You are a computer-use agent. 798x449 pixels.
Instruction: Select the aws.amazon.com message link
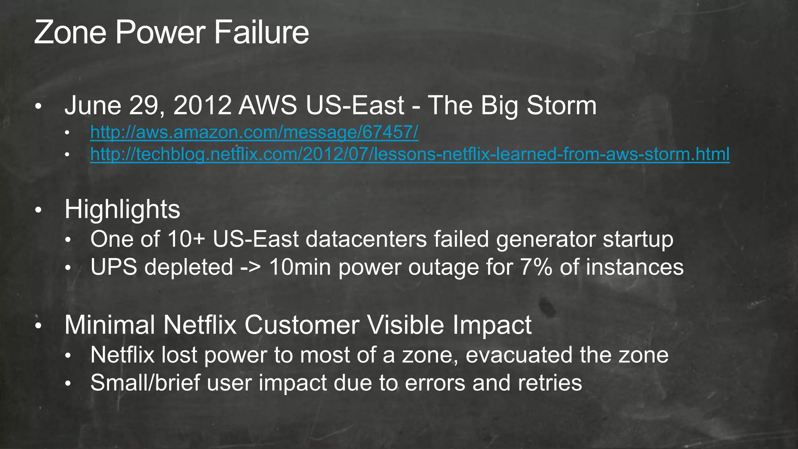[254, 132]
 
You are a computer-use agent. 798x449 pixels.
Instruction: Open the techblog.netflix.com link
[410, 154]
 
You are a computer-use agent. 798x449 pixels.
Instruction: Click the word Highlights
[122, 209]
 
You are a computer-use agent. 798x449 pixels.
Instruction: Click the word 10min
[300, 267]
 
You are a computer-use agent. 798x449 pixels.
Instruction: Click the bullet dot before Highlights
[38, 210]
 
